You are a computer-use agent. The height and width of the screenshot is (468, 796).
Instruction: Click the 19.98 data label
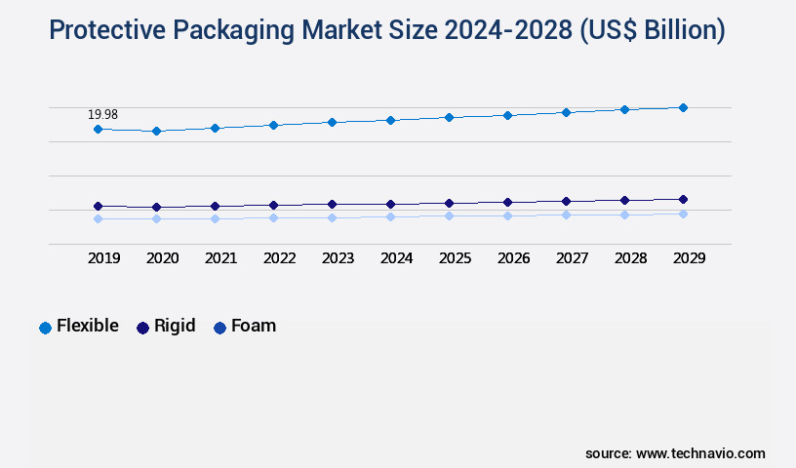(103, 115)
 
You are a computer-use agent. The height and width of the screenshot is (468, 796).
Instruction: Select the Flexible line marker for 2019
(98, 129)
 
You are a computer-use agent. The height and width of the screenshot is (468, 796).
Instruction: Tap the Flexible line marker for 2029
(683, 107)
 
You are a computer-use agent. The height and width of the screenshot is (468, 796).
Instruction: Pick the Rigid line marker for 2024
(390, 204)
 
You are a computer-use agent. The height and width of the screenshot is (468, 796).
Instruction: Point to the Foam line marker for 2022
(273, 217)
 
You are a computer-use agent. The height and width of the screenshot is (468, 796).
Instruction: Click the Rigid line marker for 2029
(683, 199)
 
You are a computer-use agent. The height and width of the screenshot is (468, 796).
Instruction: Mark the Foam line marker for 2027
(566, 214)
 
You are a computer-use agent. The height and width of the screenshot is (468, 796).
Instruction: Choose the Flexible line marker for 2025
(449, 117)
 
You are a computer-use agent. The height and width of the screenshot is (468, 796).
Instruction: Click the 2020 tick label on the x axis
(162, 258)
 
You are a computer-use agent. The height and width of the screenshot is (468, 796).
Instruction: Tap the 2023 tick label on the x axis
(338, 258)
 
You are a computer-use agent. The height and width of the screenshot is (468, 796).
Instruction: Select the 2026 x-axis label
(513, 258)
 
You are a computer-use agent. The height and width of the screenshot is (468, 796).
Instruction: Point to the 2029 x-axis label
(689, 258)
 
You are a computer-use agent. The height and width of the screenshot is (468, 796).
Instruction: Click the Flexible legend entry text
(88, 326)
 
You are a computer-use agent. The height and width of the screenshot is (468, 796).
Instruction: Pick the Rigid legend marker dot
(142, 328)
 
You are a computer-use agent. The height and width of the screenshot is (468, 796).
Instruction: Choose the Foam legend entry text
(254, 326)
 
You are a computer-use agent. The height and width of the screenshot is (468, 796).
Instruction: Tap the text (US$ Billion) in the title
(652, 30)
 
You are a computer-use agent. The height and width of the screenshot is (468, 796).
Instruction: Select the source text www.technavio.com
(700, 453)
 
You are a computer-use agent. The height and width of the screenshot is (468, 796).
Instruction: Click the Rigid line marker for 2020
(156, 207)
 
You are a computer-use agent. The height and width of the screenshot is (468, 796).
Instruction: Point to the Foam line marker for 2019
(98, 218)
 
